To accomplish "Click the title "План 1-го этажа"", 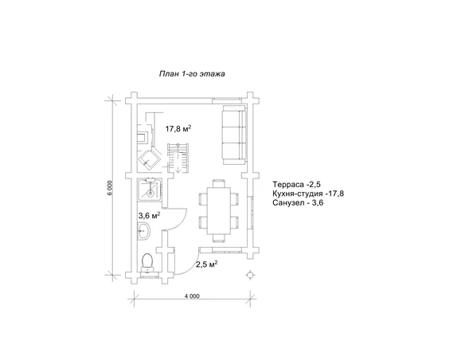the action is (x=192, y=73).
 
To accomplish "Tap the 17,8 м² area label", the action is (x=178, y=129).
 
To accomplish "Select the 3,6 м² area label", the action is (x=150, y=215).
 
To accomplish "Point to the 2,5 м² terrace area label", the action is (x=207, y=264).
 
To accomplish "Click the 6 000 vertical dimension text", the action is (x=110, y=188).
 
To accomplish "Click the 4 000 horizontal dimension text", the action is (x=192, y=296).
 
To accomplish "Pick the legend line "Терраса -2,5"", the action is (x=296, y=185).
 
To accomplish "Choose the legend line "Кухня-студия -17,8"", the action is (x=308, y=194).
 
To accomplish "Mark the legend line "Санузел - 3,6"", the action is (x=298, y=203).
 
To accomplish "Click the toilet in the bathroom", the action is (x=147, y=263).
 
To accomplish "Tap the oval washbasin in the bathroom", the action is (x=144, y=231).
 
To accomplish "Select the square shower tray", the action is (x=150, y=190).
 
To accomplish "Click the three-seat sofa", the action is (x=235, y=135).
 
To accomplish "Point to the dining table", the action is (x=218, y=210).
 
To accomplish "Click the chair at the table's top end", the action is (x=218, y=183).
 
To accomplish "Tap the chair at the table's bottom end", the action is (x=218, y=238).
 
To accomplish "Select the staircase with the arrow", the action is (x=178, y=158).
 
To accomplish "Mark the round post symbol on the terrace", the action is (x=251, y=276).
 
